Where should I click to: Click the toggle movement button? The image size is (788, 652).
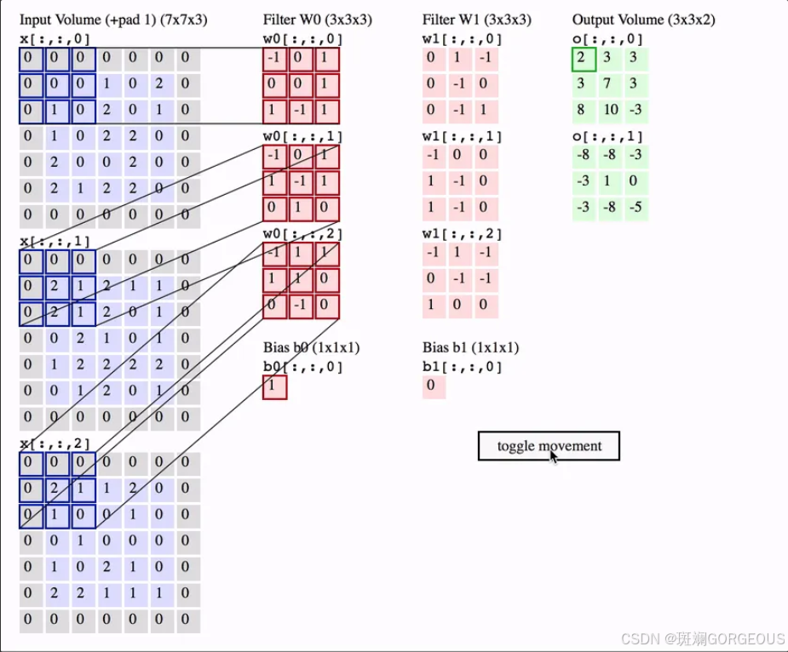pyautogui.click(x=549, y=446)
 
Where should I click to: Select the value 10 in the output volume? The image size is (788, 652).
pyautogui.click(x=610, y=110)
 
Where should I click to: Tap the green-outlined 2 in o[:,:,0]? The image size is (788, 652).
pyautogui.click(x=584, y=60)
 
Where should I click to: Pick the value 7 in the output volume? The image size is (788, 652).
pyautogui.click(x=610, y=84)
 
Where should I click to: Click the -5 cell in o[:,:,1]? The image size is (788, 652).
pyautogui.click(x=636, y=208)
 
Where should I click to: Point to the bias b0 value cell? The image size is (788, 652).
pyautogui.click(x=274, y=387)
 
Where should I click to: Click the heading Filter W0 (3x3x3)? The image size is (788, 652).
pyautogui.click(x=317, y=20)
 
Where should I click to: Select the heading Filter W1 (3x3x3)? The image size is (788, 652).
pyautogui.click(x=476, y=20)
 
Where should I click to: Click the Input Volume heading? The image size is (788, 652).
pyautogui.click(x=113, y=20)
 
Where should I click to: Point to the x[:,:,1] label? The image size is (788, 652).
pyautogui.click(x=55, y=242)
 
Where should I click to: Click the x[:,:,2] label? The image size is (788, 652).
pyautogui.click(x=55, y=444)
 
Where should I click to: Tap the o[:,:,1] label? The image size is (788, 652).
pyautogui.click(x=607, y=136)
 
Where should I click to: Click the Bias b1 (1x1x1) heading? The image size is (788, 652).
pyautogui.click(x=470, y=347)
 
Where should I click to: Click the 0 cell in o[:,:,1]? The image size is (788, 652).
pyautogui.click(x=636, y=182)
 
